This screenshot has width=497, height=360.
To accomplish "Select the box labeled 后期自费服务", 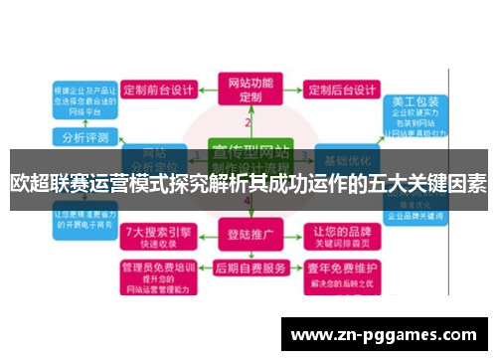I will pos(248,269).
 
